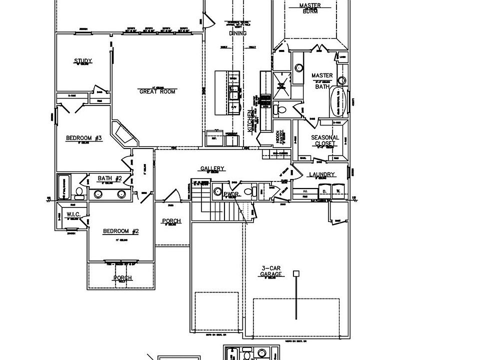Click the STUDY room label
[83, 61]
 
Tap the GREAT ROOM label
[157, 91]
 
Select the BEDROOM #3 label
[84, 138]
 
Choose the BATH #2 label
[109, 178]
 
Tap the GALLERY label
[212, 168]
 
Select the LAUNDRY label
[321, 174]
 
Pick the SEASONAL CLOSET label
[325, 140]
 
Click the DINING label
[238, 33]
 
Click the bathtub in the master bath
[337, 101]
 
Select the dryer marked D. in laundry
[324, 191]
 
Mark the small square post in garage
[296, 273]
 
